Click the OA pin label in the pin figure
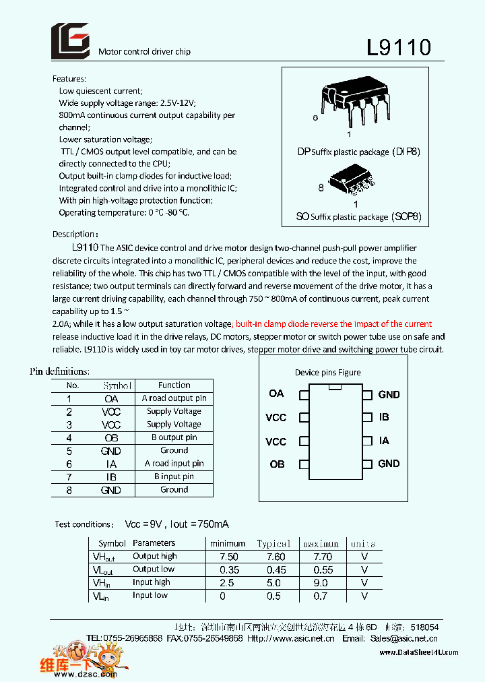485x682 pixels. pyautogui.click(x=276, y=394)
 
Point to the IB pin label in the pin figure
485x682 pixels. pyautogui.click(x=384, y=417)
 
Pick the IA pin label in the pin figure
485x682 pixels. pyautogui.click(x=384, y=441)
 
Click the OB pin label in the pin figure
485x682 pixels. pyautogui.click(x=277, y=464)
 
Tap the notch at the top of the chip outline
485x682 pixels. pyautogui.click(x=335, y=387)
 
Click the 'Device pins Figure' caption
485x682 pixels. pyautogui.click(x=327, y=372)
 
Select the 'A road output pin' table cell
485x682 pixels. pyautogui.click(x=174, y=398)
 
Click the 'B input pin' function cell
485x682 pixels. pyautogui.click(x=174, y=476)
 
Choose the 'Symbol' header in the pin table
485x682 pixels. pyautogui.click(x=117, y=385)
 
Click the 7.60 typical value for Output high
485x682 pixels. pyautogui.click(x=276, y=557)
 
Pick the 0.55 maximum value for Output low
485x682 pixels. pyautogui.click(x=323, y=569)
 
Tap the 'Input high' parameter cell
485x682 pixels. pyautogui.click(x=152, y=582)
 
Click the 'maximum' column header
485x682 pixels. pyautogui.click(x=321, y=543)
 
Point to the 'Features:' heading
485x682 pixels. pyautogui.click(x=69, y=78)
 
